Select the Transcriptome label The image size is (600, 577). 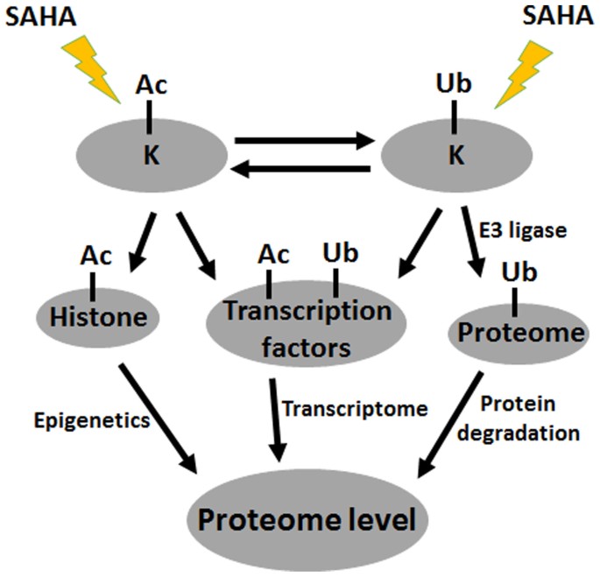(342, 407)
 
